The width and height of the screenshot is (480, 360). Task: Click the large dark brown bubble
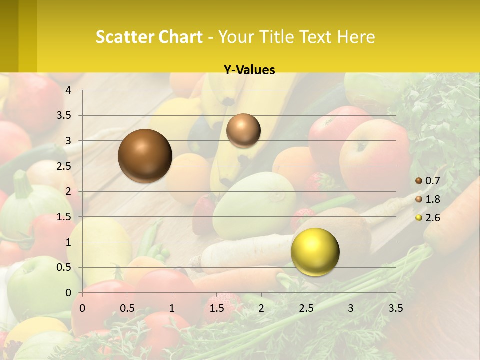tap(145, 156)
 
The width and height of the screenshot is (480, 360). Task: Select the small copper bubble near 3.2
tap(243, 130)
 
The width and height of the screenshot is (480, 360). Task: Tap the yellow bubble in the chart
tap(315, 252)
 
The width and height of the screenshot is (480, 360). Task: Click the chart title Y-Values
tap(249, 70)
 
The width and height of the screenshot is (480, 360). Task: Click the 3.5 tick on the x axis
tap(395, 308)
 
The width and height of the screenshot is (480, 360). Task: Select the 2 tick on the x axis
tap(261, 308)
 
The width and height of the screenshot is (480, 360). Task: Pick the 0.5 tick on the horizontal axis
tap(127, 308)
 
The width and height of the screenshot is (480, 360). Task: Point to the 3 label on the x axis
tap(351, 308)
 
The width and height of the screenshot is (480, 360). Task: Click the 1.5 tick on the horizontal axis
tap(216, 308)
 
